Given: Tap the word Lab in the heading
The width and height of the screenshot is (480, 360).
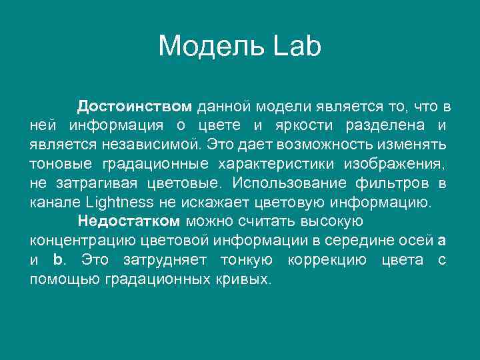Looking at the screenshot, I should tap(298, 47).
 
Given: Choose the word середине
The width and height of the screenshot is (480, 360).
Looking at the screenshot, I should tap(371, 240).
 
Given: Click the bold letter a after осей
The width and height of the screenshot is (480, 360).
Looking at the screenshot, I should tap(443, 240).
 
